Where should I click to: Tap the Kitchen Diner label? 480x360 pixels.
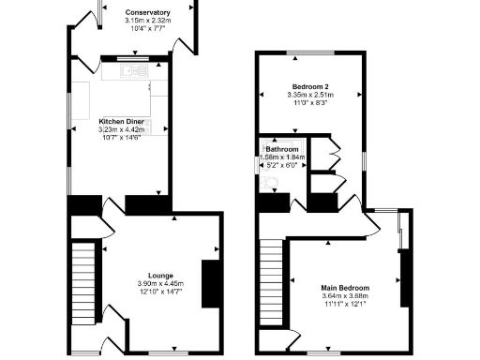[121, 121]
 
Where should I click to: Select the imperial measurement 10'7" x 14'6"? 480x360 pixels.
[121, 138]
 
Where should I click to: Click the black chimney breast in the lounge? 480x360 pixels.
[210, 281]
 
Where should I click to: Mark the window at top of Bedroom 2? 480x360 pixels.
[308, 52]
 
